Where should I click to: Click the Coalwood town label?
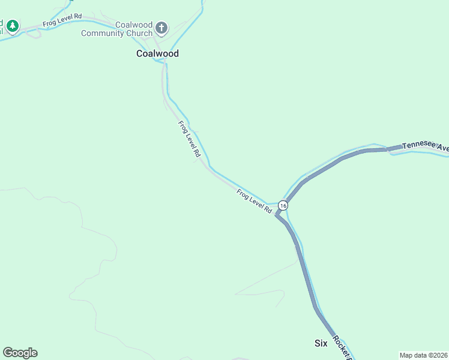click(x=157, y=53)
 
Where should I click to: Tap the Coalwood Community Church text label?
click(x=117, y=29)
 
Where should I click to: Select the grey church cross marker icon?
click(x=161, y=28)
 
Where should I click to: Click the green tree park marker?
click(x=13, y=26)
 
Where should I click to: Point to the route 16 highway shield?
click(x=283, y=205)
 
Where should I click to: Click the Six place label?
click(x=321, y=343)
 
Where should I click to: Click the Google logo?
click(x=20, y=353)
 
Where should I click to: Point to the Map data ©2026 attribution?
click(x=423, y=355)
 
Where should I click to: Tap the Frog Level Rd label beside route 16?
click(x=255, y=201)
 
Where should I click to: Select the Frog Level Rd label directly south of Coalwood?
click(x=188, y=139)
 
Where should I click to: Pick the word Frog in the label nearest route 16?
click(x=243, y=194)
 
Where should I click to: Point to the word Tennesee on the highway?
click(x=417, y=145)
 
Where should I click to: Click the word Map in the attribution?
click(x=406, y=355)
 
